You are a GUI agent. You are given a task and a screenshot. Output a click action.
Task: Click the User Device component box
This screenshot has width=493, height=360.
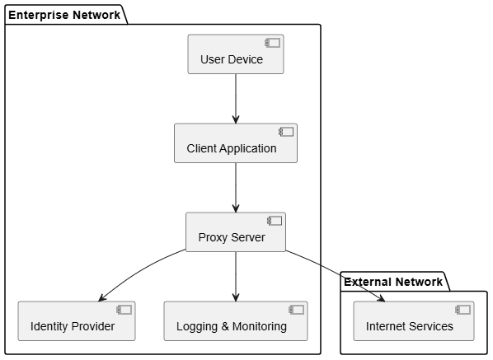click(236, 54)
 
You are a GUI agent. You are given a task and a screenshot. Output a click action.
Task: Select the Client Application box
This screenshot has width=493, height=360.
click(236, 143)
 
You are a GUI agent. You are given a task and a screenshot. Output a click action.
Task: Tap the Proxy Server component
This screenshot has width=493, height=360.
click(236, 232)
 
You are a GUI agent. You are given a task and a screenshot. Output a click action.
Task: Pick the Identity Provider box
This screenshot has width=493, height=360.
click(77, 321)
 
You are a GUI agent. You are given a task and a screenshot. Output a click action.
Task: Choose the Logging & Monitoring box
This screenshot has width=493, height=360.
click(236, 321)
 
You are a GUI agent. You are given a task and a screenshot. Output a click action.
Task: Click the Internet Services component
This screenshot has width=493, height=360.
click(414, 321)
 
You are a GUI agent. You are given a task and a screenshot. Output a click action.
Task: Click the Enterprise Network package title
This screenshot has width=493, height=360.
click(64, 15)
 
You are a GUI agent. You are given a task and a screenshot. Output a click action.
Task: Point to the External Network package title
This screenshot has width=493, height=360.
click(393, 282)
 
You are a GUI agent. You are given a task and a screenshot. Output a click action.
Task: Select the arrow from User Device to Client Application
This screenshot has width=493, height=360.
click(236, 99)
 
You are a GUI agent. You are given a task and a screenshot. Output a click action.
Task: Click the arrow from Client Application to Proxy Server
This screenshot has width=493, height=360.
click(236, 188)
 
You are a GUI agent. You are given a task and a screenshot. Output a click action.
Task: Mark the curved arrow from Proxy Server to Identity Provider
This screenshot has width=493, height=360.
click(138, 271)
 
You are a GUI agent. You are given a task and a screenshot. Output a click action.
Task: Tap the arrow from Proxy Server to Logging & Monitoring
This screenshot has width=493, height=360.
click(236, 277)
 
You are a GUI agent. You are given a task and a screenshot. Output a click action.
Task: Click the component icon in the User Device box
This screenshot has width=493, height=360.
click(273, 43)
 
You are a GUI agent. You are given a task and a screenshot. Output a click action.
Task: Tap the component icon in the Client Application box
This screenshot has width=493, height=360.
click(286, 132)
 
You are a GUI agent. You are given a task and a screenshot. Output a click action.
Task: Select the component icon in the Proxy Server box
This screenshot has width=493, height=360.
click(275, 221)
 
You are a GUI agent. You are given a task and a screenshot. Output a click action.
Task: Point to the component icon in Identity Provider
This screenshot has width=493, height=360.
click(124, 310)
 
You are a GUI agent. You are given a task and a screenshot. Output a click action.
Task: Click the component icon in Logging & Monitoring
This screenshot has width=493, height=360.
click(297, 310)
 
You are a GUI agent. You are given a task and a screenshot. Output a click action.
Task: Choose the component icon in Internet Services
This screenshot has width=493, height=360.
click(463, 310)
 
